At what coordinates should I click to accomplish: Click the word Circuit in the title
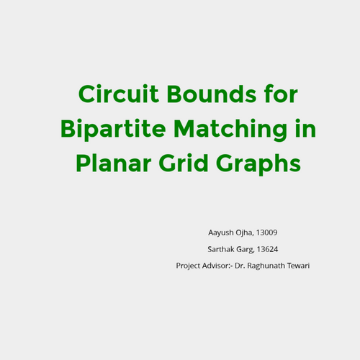pyautogui.click(x=119, y=94)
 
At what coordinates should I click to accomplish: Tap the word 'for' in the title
pyautogui.click(x=281, y=94)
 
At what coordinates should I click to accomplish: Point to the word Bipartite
pyautogui.click(x=113, y=130)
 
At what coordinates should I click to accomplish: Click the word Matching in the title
pyautogui.click(x=230, y=130)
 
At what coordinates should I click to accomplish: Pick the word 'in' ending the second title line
pyautogui.click(x=305, y=128)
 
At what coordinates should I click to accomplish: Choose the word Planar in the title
pyautogui.click(x=114, y=163)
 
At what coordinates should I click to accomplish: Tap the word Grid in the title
pyautogui.click(x=184, y=163)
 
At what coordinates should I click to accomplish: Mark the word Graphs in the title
pyautogui.click(x=258, y=164)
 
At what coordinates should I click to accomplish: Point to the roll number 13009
pyautogui.click(x=266, y=233)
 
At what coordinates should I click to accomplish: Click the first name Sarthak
pyautogui.click(x=221, y=249)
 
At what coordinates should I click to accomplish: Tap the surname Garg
pyautogui.click(x=245, y=250)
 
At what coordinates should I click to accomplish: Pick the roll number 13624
pyautogui.click(x=267, y=249)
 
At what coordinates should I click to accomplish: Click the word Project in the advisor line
pyautogui.click(x=188, y=266)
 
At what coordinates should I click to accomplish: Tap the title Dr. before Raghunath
pyautogui.click(x=240, y=266)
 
